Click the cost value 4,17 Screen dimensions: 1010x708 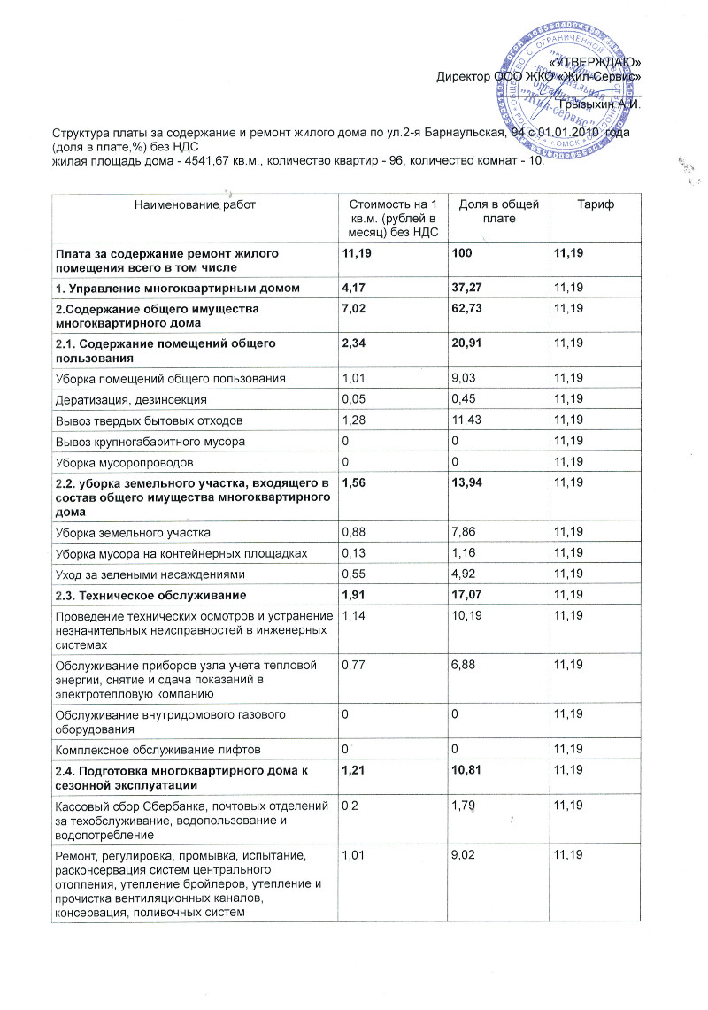click(356, 288)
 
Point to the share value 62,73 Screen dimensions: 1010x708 click(468, 308)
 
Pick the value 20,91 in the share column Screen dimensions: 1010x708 click(468, 343)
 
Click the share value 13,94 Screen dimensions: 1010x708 click(468, 484)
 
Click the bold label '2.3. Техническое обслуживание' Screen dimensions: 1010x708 click(150, 595)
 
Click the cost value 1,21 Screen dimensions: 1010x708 click(356, 772)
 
